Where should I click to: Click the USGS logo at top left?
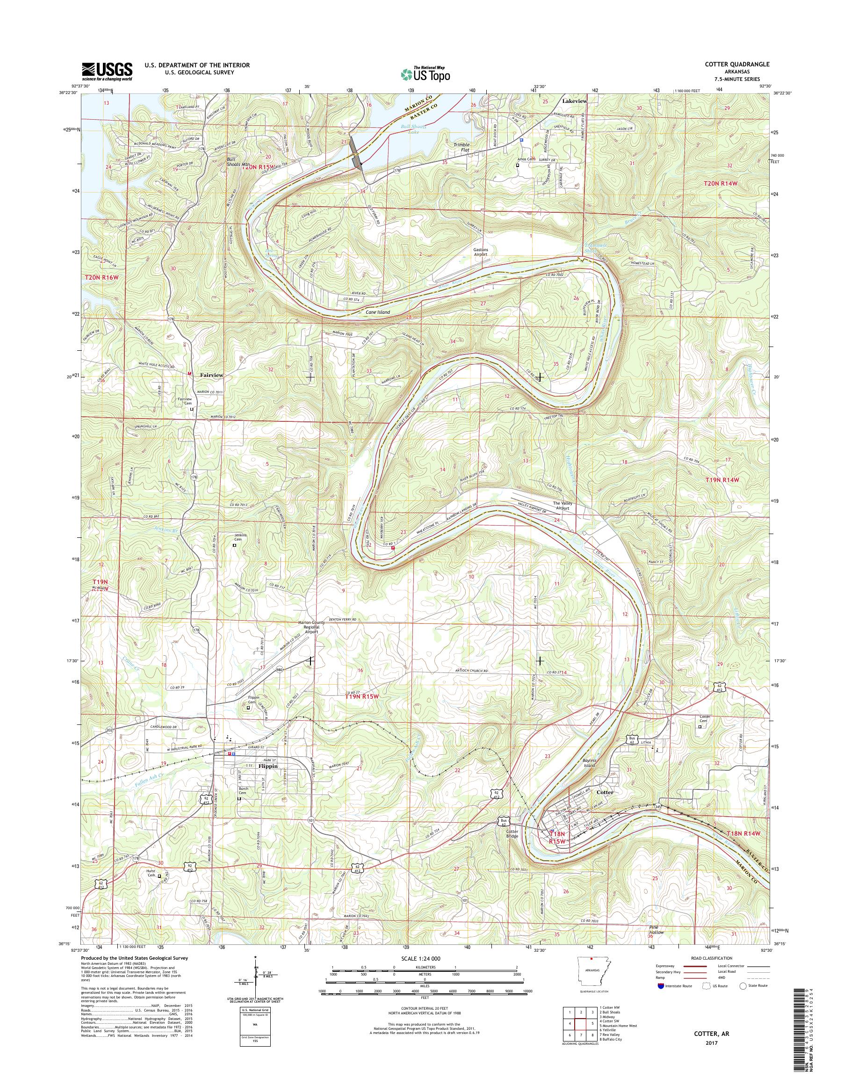coord(107,72)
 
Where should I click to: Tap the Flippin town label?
coord(267,781)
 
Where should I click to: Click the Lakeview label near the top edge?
coord(575,101)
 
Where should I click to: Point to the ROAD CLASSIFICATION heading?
coord(712,958)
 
